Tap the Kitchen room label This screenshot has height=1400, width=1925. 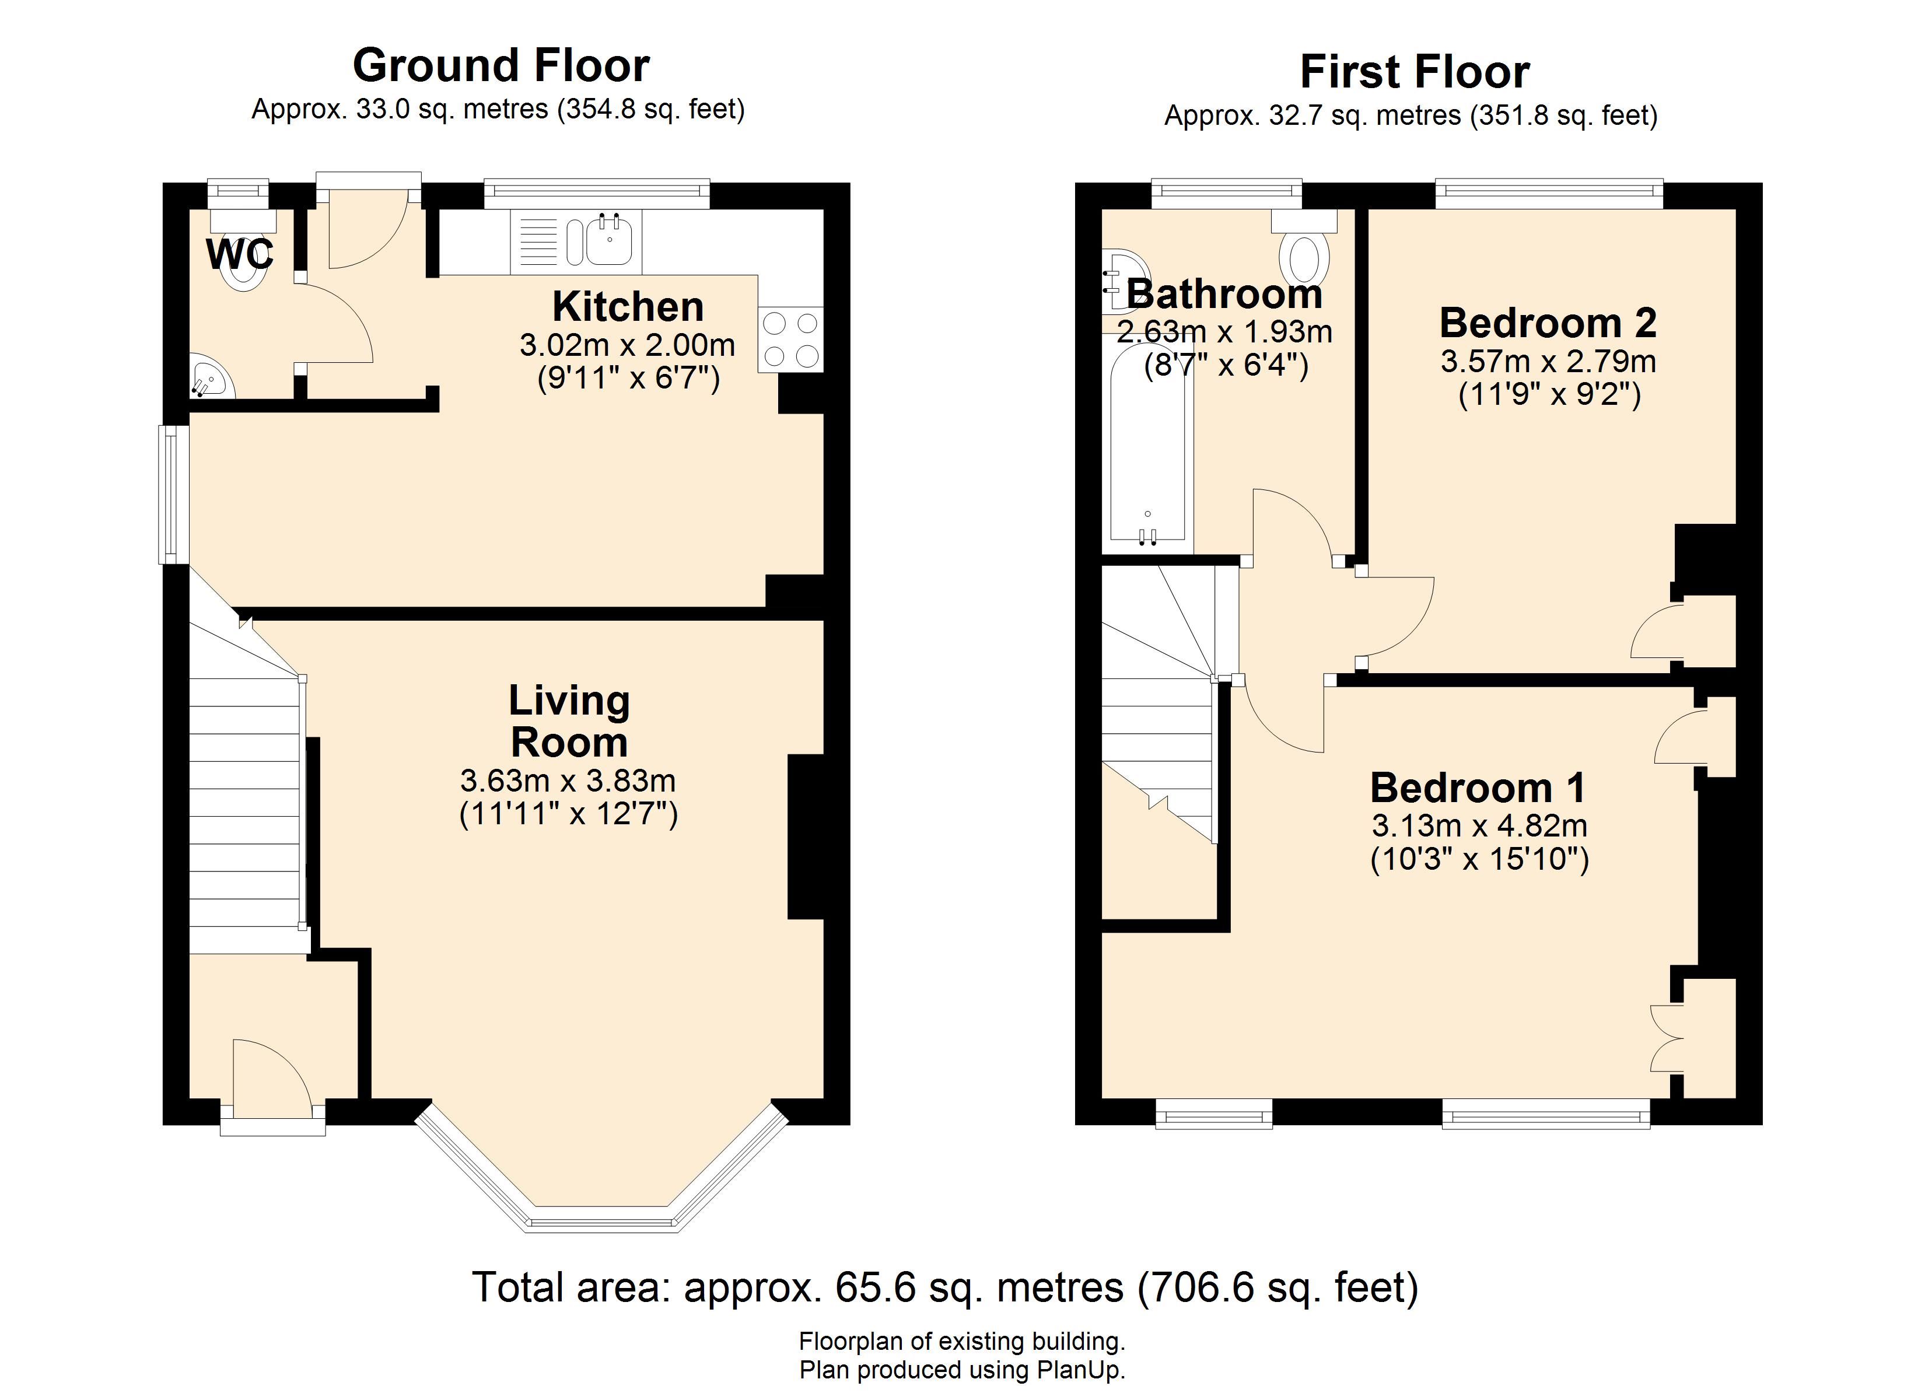[x=628, y=306]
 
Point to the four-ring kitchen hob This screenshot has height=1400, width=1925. [x=791, y=339]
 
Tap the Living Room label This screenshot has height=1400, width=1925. [x=569, y=722]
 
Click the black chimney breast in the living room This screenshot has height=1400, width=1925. [x=806, y=836]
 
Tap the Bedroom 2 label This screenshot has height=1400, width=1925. [x=1548, y=324]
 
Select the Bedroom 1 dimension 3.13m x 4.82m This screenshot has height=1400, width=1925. [x=1479, y=825]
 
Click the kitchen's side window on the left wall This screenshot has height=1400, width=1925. [x=174, y=494]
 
